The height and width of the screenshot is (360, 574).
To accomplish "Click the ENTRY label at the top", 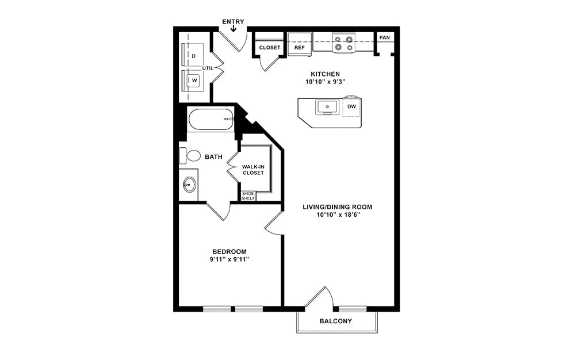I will (x=233, y=22).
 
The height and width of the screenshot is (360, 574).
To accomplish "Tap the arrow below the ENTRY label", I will (x=233, y=29).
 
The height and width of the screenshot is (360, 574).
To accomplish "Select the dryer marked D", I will (x=193, y=56).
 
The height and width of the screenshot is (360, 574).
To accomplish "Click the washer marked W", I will (x=194, y=81).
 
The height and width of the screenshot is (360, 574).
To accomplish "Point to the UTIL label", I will (x=208, y=68).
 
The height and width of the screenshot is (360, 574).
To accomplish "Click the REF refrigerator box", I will (x=299, y=47).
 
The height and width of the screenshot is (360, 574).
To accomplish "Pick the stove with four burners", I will (x=343, y=44).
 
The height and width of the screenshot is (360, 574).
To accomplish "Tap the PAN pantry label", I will (x=384, y=38).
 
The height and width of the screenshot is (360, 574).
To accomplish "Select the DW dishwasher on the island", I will (x=351, y=107).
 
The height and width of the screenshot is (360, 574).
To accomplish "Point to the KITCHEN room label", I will (x=325, y=74).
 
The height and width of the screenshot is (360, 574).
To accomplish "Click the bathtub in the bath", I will (x=211, y=120).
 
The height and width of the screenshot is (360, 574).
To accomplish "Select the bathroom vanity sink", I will (x=189, y=185).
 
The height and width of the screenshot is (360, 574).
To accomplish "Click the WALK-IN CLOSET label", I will (x=253, y=170).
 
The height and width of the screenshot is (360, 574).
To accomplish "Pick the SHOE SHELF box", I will (x=248, y=196).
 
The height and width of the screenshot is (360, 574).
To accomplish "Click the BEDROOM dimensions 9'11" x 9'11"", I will (x=229, y=259).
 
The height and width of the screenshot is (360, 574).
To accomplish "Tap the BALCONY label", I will (x=335, y=321).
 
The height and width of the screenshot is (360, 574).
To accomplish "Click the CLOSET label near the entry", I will (x=270, y=48).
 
